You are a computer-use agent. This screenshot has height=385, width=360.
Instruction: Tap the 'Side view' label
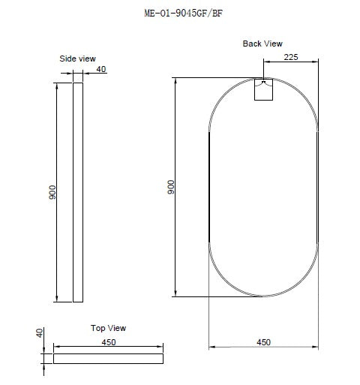point(78,58)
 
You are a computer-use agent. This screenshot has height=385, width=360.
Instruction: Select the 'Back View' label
point(262,44)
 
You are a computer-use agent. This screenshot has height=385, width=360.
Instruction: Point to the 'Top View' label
point(108,328)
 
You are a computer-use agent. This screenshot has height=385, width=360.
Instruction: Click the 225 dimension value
point(292,55)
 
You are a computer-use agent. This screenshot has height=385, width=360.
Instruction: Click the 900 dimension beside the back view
point(170,188)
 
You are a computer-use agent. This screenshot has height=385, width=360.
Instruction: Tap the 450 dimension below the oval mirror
point(263,342)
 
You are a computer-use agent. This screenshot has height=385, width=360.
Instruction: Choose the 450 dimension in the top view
point(108,342)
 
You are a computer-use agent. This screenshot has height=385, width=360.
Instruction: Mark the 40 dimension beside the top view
point(40,332)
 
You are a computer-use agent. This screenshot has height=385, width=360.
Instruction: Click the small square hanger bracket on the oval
point(264,89)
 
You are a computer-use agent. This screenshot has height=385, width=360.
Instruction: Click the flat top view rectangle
point(108,358)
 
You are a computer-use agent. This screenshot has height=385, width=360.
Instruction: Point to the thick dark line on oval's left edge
point(208,188)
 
